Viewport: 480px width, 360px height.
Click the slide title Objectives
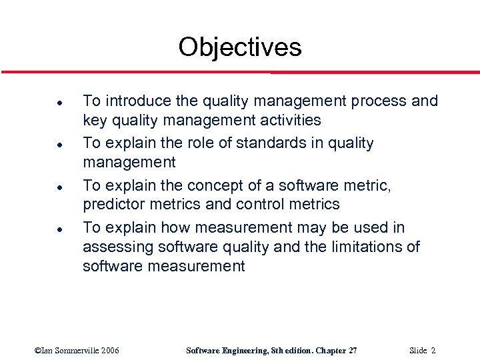pos(240,47)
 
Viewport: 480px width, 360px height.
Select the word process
pos(378,101)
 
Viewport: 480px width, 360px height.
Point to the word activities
pos(289,121)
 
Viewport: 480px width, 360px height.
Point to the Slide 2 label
pos(423,350)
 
